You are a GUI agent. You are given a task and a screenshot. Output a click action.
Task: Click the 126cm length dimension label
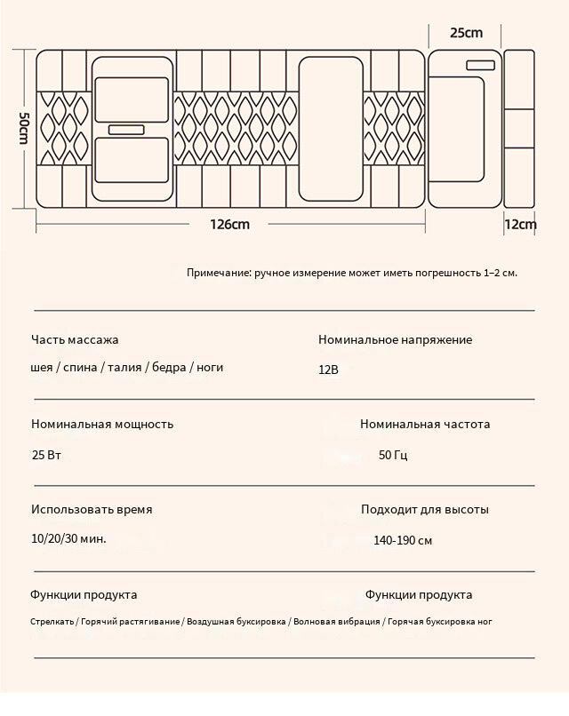pyautogui.click(x=229, y=225)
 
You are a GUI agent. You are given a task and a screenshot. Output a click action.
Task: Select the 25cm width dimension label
pyautogui.click(x=466, y=33)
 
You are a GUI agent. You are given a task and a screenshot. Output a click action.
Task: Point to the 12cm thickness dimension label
pyautogui.click(x=520, y=225)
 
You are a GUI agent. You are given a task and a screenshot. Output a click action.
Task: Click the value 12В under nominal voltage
pyautogui.click(x=329, y=369)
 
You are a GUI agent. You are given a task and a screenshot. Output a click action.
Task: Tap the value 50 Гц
pyautogui.click(x=393, y=455)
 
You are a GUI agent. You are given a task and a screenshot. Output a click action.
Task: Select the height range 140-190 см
pyautogui.click(x=403, y=540)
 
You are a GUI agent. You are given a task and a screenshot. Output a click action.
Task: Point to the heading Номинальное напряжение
pyautogui.click(x=395, y=339)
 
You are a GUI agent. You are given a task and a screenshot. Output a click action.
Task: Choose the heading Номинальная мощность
pyautogui.click(x=102, y=425)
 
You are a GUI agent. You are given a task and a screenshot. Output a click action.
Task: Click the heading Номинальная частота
pyautogui.click(x=425, y=425)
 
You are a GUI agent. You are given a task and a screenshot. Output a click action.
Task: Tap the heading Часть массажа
pyautogui.click(x=75, y=339)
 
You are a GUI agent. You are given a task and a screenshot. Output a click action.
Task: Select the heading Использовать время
pyautogui.click(x=92, y=510)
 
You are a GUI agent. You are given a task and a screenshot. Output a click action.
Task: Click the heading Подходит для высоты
pyautogui.click(x=425, y=510)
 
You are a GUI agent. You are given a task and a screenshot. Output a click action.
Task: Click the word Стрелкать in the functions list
pyautogui.click(x=52, y=622)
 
